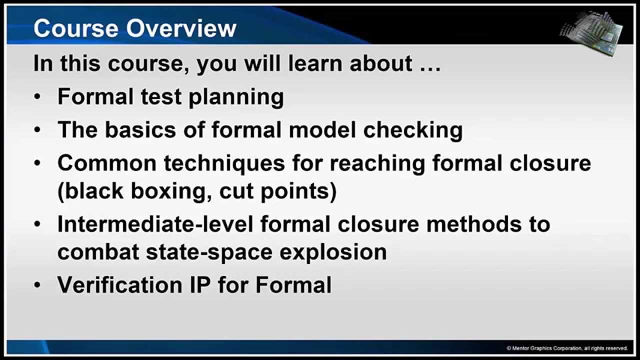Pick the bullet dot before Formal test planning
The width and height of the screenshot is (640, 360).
point(38,97)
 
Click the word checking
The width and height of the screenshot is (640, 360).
point(412,130)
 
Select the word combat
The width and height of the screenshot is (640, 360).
point(97,251)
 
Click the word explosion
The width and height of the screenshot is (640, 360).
point(333,251)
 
